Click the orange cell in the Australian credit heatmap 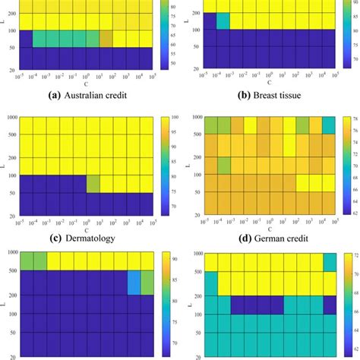[x=106, y=39]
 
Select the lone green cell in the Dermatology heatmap [x=93, y=184]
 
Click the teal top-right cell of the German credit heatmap [x=328, y=125]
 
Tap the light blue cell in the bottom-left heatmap [x=134, y=304]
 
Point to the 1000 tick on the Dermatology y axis [x=11, y=117]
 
